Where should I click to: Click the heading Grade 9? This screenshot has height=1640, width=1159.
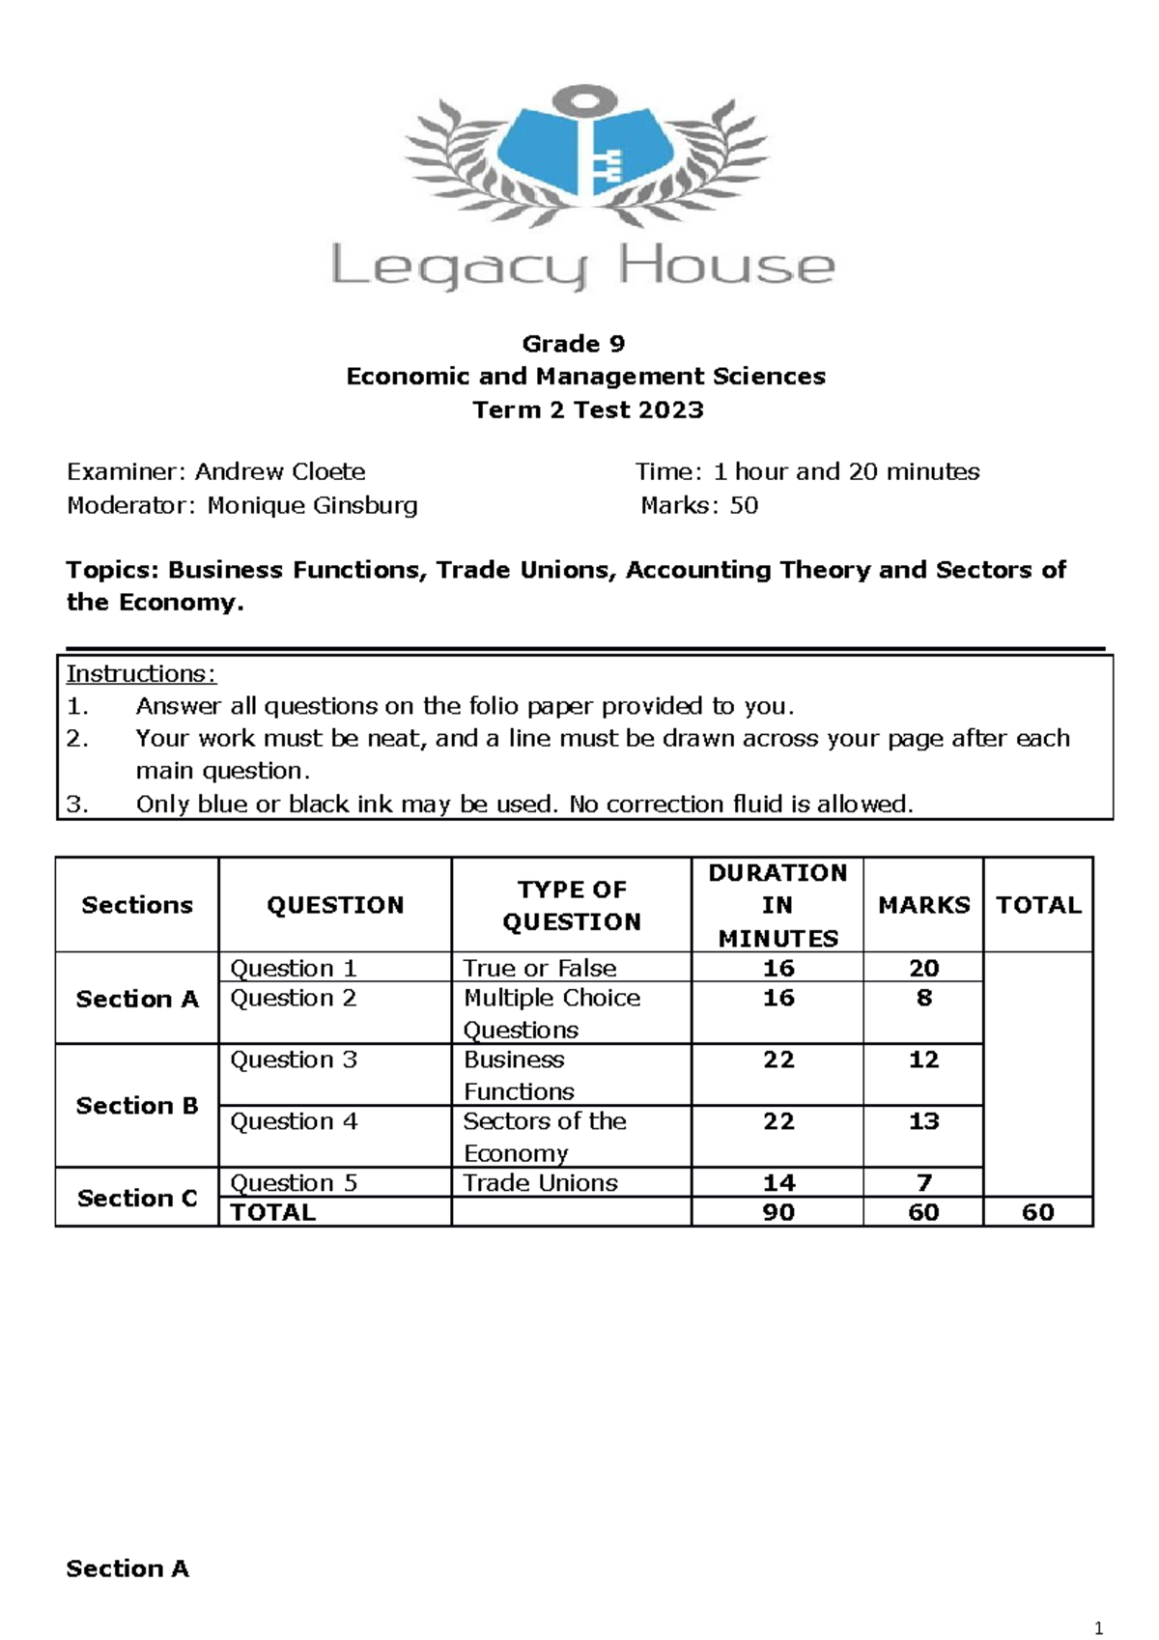(x=573, y=344)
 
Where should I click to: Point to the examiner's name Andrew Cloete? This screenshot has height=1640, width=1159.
(x=280, y=472)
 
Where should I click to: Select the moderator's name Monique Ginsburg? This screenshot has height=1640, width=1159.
(x=312, y=505)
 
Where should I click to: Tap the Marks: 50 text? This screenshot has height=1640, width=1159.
(x=699, y=505)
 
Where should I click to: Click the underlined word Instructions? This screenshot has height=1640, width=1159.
(x=141, y=674)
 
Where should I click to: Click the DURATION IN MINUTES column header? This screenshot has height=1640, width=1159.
(x=777, y=905)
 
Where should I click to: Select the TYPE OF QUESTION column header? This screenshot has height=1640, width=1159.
(x=572, y=905)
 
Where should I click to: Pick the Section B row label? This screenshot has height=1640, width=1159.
(x=137, y=1105)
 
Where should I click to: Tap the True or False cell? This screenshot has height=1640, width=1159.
(x=539, y=968)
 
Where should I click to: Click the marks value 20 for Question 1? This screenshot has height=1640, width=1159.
(x=923, y=968)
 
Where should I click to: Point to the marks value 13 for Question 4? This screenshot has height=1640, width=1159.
(x=923, y=1121)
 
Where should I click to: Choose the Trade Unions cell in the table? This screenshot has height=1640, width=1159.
(x=540, y=1183)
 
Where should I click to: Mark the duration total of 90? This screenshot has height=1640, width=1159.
(x=778, y=1212)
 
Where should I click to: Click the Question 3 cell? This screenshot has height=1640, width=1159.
(x=294, y=1060)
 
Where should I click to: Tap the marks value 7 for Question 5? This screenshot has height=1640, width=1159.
(x=923, y=1183)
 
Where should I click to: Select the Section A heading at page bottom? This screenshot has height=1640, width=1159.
(x=127, y=1569)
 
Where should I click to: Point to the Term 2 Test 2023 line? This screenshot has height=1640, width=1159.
(x=587, y=410)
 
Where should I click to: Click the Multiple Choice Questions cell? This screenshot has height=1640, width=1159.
(x=551, y=1013)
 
